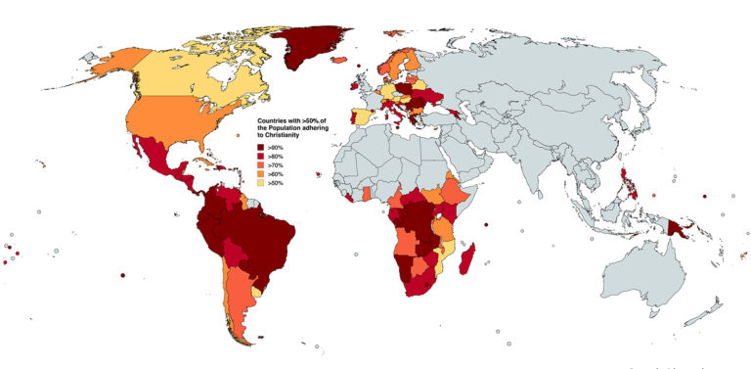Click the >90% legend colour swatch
click(248, 147)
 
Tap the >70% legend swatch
click(248, 164)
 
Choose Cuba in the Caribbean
click(202, 162)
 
